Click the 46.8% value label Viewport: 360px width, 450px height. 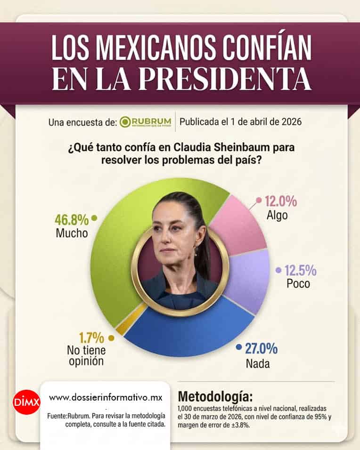pos(72,219)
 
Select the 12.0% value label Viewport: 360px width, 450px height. pos(280,202)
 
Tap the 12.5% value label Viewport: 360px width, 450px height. pos(299,271)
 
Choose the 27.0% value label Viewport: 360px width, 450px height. pos(261,349)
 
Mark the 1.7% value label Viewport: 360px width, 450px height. pos(91,337)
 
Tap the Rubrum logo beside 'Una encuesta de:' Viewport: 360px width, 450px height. pos(145,122)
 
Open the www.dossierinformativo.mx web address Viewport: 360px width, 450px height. pos(106,398)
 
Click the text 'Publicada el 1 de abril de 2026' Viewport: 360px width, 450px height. pos(240,122)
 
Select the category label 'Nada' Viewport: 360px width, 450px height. pos(258,364)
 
